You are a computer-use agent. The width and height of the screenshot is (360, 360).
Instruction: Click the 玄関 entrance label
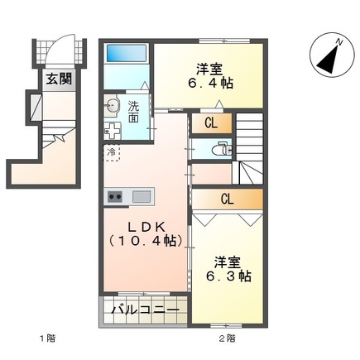point(58,80)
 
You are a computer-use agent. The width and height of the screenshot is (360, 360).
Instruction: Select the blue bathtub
point(127,59)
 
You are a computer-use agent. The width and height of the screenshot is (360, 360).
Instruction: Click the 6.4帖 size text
point(213,83)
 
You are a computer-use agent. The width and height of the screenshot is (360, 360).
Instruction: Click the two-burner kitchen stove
point(116,197)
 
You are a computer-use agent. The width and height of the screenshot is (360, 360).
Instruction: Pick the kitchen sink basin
point(141,197)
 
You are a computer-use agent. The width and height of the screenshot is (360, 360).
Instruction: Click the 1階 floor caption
point(42,338)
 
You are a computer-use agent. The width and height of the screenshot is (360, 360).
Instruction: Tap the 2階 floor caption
point(226,338)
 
